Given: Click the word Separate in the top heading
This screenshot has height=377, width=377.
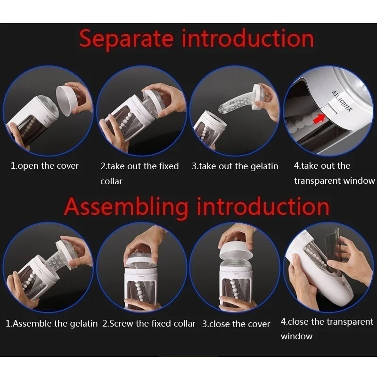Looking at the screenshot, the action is coord(126,39).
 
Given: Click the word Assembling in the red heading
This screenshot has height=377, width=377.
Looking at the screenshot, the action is coord(126,207).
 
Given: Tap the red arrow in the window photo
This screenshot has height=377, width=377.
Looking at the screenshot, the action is coord(320,118).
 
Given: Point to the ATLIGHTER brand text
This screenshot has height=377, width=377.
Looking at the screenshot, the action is coord(342,101).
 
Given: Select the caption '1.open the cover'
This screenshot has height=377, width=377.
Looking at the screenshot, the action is coord(45,166).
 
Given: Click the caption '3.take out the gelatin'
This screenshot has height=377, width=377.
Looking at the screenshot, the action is coord(235,166).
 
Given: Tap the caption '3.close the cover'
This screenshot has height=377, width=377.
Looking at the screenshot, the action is coord(236,324).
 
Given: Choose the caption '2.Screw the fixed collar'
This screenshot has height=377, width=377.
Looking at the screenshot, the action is coord(149,323).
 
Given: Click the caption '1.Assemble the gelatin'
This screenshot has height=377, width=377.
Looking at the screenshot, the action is coord(51,324).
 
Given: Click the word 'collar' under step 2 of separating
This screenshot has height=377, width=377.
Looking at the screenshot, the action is coord(111,181).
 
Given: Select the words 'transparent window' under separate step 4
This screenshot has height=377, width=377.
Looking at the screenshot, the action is coord(335,180).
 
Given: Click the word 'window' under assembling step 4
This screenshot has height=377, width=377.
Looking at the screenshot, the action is coord(296,336).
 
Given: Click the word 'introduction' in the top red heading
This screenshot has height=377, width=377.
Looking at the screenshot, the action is coord(248,39).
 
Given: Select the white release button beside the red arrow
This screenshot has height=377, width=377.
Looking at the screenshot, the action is coord(329,110).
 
